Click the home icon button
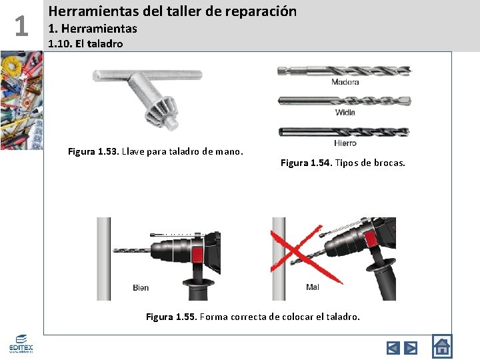point(442,347)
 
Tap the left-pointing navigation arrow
point(393,348)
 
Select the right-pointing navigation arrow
point(411,348)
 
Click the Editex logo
point(21,344)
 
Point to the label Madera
point(345,82)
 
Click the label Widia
point(345,113)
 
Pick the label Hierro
point(345,143)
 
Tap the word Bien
point(141,288)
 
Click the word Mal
point(313,287)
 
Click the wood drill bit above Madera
point(345,71)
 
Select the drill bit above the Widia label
point(345,101)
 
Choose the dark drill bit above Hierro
point(344,132)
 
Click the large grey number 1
point(21,26)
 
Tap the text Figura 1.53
point(93,151)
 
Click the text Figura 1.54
point(306,163)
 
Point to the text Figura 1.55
point(171,316)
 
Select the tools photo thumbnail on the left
point(21,101)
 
